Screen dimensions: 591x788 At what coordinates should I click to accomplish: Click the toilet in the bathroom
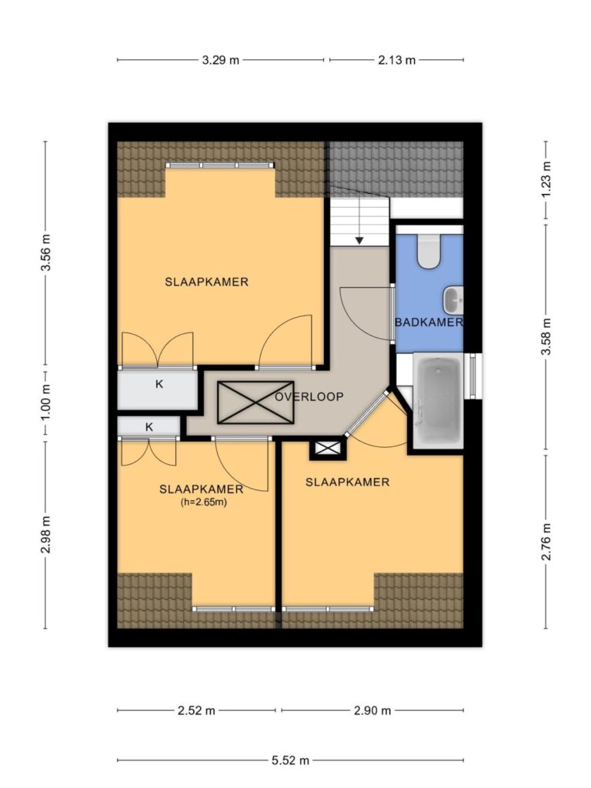(429, 251)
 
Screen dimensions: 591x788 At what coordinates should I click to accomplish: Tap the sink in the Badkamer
(452, 299)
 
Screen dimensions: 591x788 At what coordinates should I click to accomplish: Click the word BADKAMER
(429, 322)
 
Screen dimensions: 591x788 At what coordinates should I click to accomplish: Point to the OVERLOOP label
(309, 396)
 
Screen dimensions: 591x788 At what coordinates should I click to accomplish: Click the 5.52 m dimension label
(290, 760)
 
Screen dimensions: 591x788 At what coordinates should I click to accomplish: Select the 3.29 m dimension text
(221, 60)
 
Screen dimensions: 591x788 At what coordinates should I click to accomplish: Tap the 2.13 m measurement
(396, 60)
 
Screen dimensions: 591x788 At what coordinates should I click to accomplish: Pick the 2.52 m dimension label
(196, 710)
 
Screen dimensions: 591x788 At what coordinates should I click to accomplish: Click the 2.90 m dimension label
(372, 710)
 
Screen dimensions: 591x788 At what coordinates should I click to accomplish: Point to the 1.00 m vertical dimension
(45, 403)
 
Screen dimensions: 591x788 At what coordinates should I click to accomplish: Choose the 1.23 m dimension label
(546, 180)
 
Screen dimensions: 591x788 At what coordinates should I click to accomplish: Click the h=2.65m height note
(203, 502)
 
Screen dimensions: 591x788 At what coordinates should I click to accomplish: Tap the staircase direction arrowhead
(359, 241)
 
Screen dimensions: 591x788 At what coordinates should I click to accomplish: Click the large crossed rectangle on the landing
(255, 402)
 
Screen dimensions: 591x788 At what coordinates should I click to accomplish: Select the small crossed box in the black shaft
(328, 449)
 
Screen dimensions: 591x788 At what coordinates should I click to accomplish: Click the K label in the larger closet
(159, 385)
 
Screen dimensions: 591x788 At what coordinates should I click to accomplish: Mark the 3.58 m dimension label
(546, 337)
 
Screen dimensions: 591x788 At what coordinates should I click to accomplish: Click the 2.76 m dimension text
(546, 541)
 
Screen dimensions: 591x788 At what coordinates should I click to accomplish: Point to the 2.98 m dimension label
(45, 534)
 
